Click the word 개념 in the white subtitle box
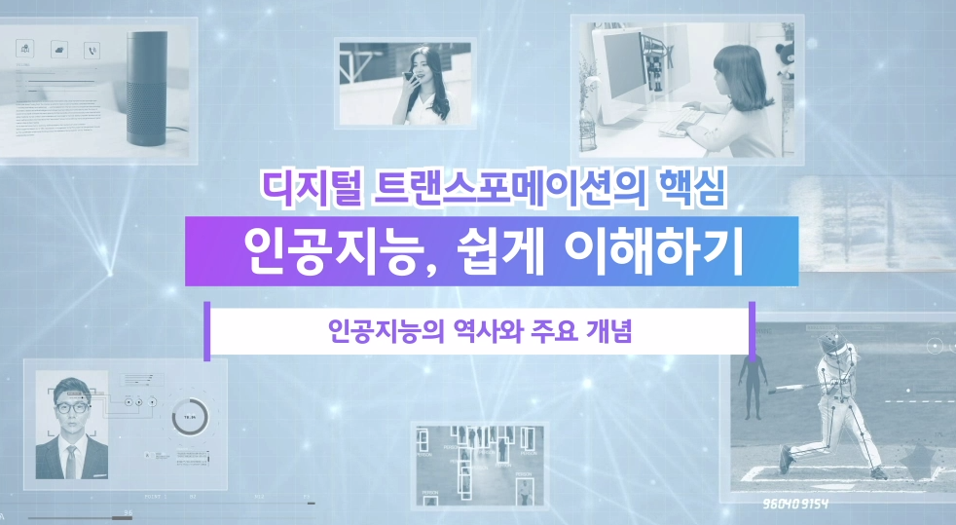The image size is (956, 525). point(609,332)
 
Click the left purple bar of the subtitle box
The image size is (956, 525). point(206,331)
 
